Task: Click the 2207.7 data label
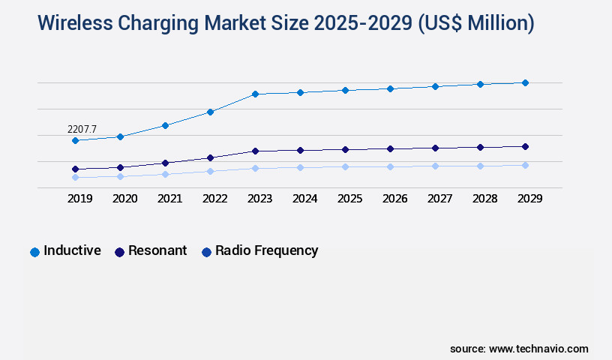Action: point(82,130)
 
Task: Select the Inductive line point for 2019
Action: point(75,140)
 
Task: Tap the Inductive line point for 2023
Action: point(255,94)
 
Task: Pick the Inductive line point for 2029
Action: point(525,82)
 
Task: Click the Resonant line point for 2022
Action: point(210,157)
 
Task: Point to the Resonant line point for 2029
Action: point(525,146)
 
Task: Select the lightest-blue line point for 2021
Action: point(165,174)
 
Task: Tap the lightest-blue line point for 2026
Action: point(390,166)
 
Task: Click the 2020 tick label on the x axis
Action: point(124,199)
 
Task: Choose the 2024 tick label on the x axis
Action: point(304,199)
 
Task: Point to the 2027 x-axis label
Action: point(439,199)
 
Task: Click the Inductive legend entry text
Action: point(72,250)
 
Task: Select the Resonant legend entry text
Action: point(157,250)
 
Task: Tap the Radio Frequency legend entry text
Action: point(266,250)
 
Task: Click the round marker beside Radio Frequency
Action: point(206,252)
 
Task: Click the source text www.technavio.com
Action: point(538,349)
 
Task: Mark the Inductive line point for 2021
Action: point(165,125)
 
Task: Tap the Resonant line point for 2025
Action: point(345,149)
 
